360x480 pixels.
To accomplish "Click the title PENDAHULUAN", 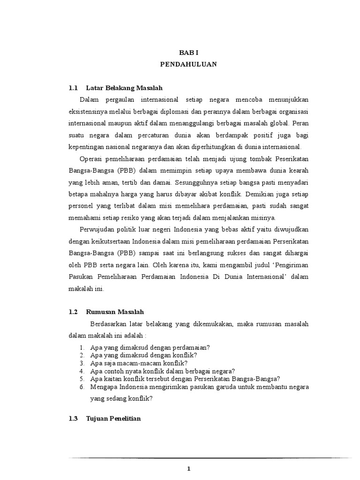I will (x=188, y=65).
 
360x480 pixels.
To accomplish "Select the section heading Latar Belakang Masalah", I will (x=125, y=88).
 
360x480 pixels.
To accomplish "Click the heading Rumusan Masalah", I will (x=115, y=312).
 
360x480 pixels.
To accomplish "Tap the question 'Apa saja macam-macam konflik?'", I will (x=139, y=363).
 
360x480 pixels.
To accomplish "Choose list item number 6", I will (x=81, y=387).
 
